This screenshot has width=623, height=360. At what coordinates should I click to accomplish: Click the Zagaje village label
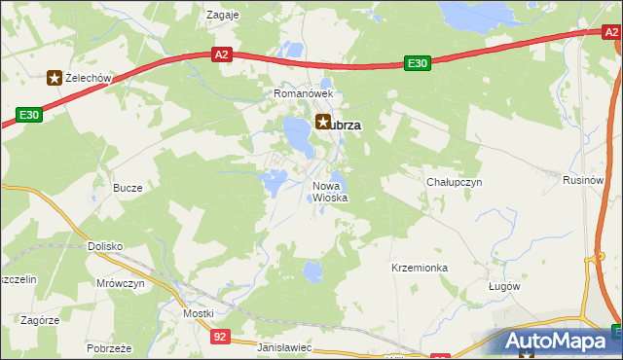point(223,16)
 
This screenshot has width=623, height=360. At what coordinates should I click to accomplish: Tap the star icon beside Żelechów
point(55,78)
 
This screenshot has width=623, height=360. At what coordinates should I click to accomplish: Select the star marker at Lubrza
point(323,123)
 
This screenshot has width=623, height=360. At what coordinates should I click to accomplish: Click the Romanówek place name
point(303,93)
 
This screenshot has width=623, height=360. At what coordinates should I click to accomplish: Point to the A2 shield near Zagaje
point(223,55)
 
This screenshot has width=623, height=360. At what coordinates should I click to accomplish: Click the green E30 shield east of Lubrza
point(417,64)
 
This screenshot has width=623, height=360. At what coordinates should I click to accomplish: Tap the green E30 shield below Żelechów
point(29,115)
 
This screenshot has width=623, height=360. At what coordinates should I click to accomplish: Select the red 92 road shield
point(222,335)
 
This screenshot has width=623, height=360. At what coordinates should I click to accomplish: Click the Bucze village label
point(128,188)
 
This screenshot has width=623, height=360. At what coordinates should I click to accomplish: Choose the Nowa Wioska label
point(330,191)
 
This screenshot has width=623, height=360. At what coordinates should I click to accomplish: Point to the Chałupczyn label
point(455,182)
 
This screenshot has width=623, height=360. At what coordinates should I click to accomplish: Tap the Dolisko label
point(104,246)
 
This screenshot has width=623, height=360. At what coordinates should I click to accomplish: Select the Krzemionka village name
point(419,267)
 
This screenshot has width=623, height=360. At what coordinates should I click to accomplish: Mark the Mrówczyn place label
point(121,283)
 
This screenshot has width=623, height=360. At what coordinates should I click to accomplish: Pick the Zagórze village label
point(39,320)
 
